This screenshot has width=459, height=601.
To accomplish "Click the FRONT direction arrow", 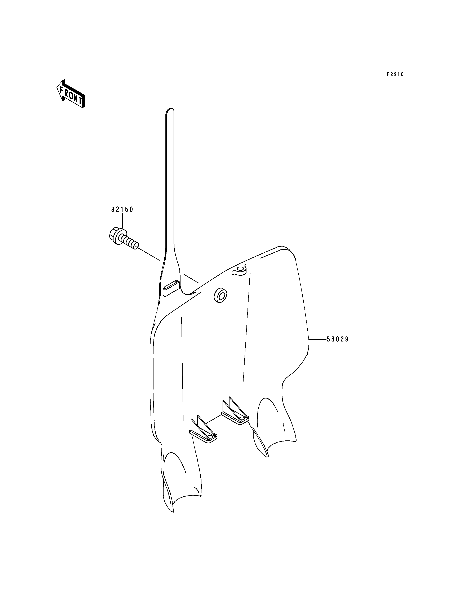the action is pyautogui.click(x=71, y=93).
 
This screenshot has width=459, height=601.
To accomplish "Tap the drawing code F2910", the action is pyautogui.click(x=395, y=74).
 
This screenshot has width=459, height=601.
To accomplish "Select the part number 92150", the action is pyautogui.click(x=122, y=210).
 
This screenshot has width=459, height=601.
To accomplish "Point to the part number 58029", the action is pyautogui.click(x=338, y=339).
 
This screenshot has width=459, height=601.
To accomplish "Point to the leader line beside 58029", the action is pyautogui.click(x=317, y=339).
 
